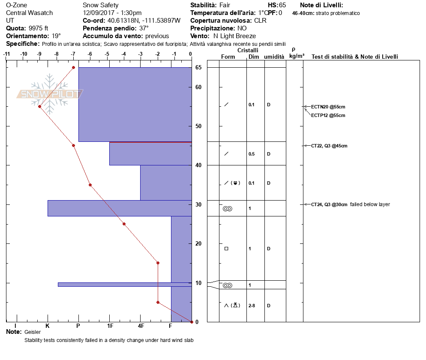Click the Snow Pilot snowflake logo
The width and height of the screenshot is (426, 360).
click(49, 94)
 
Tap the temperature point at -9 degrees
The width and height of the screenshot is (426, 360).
click(40, 107)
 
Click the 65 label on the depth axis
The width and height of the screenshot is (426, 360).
click(198, 67)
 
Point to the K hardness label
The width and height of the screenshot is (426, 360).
click(48, 326)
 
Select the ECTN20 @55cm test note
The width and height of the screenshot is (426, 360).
click(328, 107)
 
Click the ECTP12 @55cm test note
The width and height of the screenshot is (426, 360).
click(328, 115)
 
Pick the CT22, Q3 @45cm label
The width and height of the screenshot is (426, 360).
click(329, 146)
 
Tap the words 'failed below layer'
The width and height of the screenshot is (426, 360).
click(370, 204)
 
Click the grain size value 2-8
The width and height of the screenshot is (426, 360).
click(252, 306)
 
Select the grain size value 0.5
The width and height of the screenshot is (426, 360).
click(252, 154)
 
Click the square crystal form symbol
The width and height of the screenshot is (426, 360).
click(226, 248)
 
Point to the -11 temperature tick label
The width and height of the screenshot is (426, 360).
click(6, 54)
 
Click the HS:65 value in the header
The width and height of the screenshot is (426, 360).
click(276, 5)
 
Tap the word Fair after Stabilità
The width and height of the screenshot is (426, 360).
click(225, 5)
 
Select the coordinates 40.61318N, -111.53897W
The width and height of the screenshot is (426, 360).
click(144, 21)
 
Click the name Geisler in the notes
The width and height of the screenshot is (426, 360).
click(33, 332)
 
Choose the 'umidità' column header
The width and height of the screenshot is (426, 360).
click(274, 57)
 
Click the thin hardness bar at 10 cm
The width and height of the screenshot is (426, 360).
click(125, 285)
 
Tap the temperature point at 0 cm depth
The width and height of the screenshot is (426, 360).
click(192, 322)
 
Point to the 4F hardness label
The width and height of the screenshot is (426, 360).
click(141, 326)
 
